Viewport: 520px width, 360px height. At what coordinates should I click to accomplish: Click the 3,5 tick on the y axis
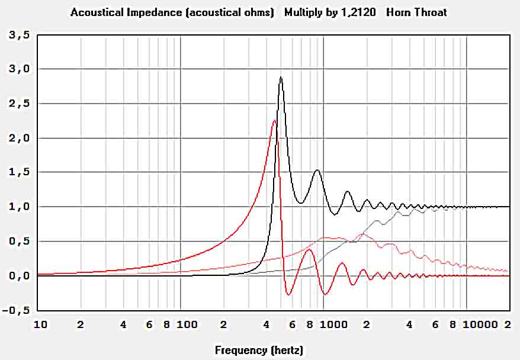tap(17, 35)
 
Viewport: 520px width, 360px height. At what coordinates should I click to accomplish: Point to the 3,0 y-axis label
tap(17, 69)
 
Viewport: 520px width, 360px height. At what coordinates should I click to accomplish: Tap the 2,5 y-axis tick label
tap(17, 104)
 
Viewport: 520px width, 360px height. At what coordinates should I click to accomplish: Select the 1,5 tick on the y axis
tap(17, 172)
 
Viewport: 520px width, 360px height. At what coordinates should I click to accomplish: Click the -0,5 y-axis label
tap(15, 310)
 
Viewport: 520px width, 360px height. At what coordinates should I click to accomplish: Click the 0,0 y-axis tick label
tap(17, 276)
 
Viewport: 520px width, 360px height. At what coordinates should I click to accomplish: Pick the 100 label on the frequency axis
tap(187, 324)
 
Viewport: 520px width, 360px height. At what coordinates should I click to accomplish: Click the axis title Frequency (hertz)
tap(259, 351)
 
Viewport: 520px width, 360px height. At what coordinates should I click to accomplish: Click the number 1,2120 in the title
tap(358, 12)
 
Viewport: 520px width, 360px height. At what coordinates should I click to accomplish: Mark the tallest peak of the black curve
tap(281, 77)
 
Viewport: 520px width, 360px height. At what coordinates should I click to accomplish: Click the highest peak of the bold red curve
tap(274, 120)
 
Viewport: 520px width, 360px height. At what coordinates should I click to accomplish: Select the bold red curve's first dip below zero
tap(288, 294)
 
